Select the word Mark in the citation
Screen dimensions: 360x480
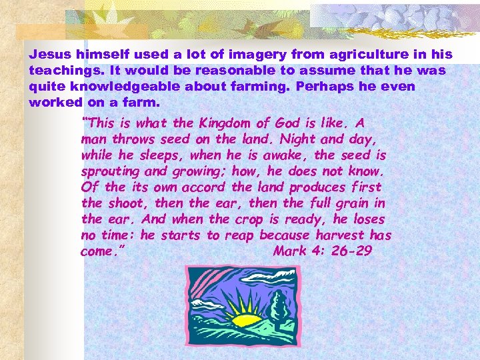(289, 251)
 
